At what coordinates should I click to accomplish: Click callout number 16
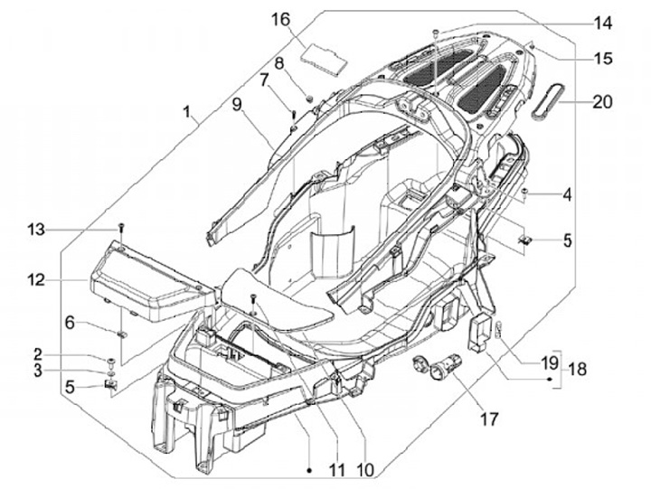[x=281, y=20]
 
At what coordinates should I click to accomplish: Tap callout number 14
[x=602, y=24]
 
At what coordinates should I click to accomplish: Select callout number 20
[x=602, y=102]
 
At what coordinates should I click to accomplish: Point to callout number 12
[x=36, y=279]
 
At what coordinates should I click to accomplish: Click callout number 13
[x=36, y=230]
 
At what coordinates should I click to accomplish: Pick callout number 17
[x=489, y=419]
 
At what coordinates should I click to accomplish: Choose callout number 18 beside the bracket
[x=577, y=369]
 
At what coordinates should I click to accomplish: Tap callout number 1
[x=188, y=112]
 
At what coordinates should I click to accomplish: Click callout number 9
[x=237, y=105]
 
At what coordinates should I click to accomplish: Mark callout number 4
[x=567, y=194]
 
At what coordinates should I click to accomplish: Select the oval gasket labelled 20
[x=543, y=101]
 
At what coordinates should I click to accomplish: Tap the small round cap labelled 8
[x=309, y=99]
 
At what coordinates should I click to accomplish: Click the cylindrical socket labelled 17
[x=446, y=366]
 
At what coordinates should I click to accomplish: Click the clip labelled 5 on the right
[x=525, y=239]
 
